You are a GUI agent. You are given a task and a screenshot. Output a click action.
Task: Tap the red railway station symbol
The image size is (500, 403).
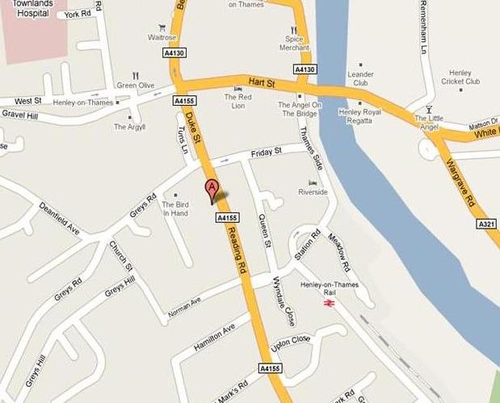coord(329,303)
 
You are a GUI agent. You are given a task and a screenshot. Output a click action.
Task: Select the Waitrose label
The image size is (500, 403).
coord(162,37)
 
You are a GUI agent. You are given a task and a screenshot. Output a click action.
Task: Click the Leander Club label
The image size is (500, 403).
coord(360,78)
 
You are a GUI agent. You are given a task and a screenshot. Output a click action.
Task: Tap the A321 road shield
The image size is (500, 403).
coord(486,224)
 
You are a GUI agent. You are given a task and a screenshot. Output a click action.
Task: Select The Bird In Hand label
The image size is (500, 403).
coord(175,209)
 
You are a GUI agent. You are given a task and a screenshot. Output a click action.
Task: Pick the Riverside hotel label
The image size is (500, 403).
coord(313,192)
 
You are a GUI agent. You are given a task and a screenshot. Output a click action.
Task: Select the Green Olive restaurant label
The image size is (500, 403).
coord(135,85)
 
